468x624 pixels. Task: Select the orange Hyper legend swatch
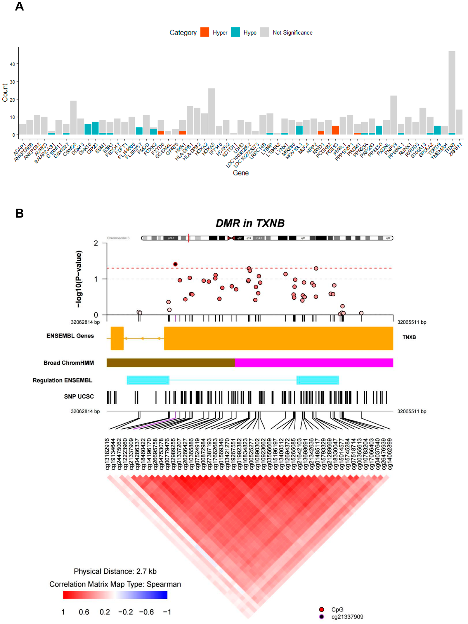(205, 32)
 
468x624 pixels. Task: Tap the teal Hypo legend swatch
(235, 32)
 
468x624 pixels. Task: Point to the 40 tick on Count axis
(12, 64)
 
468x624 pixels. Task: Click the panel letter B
(19, 213)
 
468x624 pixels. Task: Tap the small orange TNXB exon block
(117, 338)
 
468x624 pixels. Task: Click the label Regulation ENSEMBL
(62, 380)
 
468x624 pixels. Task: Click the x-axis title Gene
(241, 173)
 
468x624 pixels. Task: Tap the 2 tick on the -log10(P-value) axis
(96, 243)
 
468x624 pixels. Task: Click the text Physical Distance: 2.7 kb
(115, 571)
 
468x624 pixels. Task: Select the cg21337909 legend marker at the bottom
(321, 617)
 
